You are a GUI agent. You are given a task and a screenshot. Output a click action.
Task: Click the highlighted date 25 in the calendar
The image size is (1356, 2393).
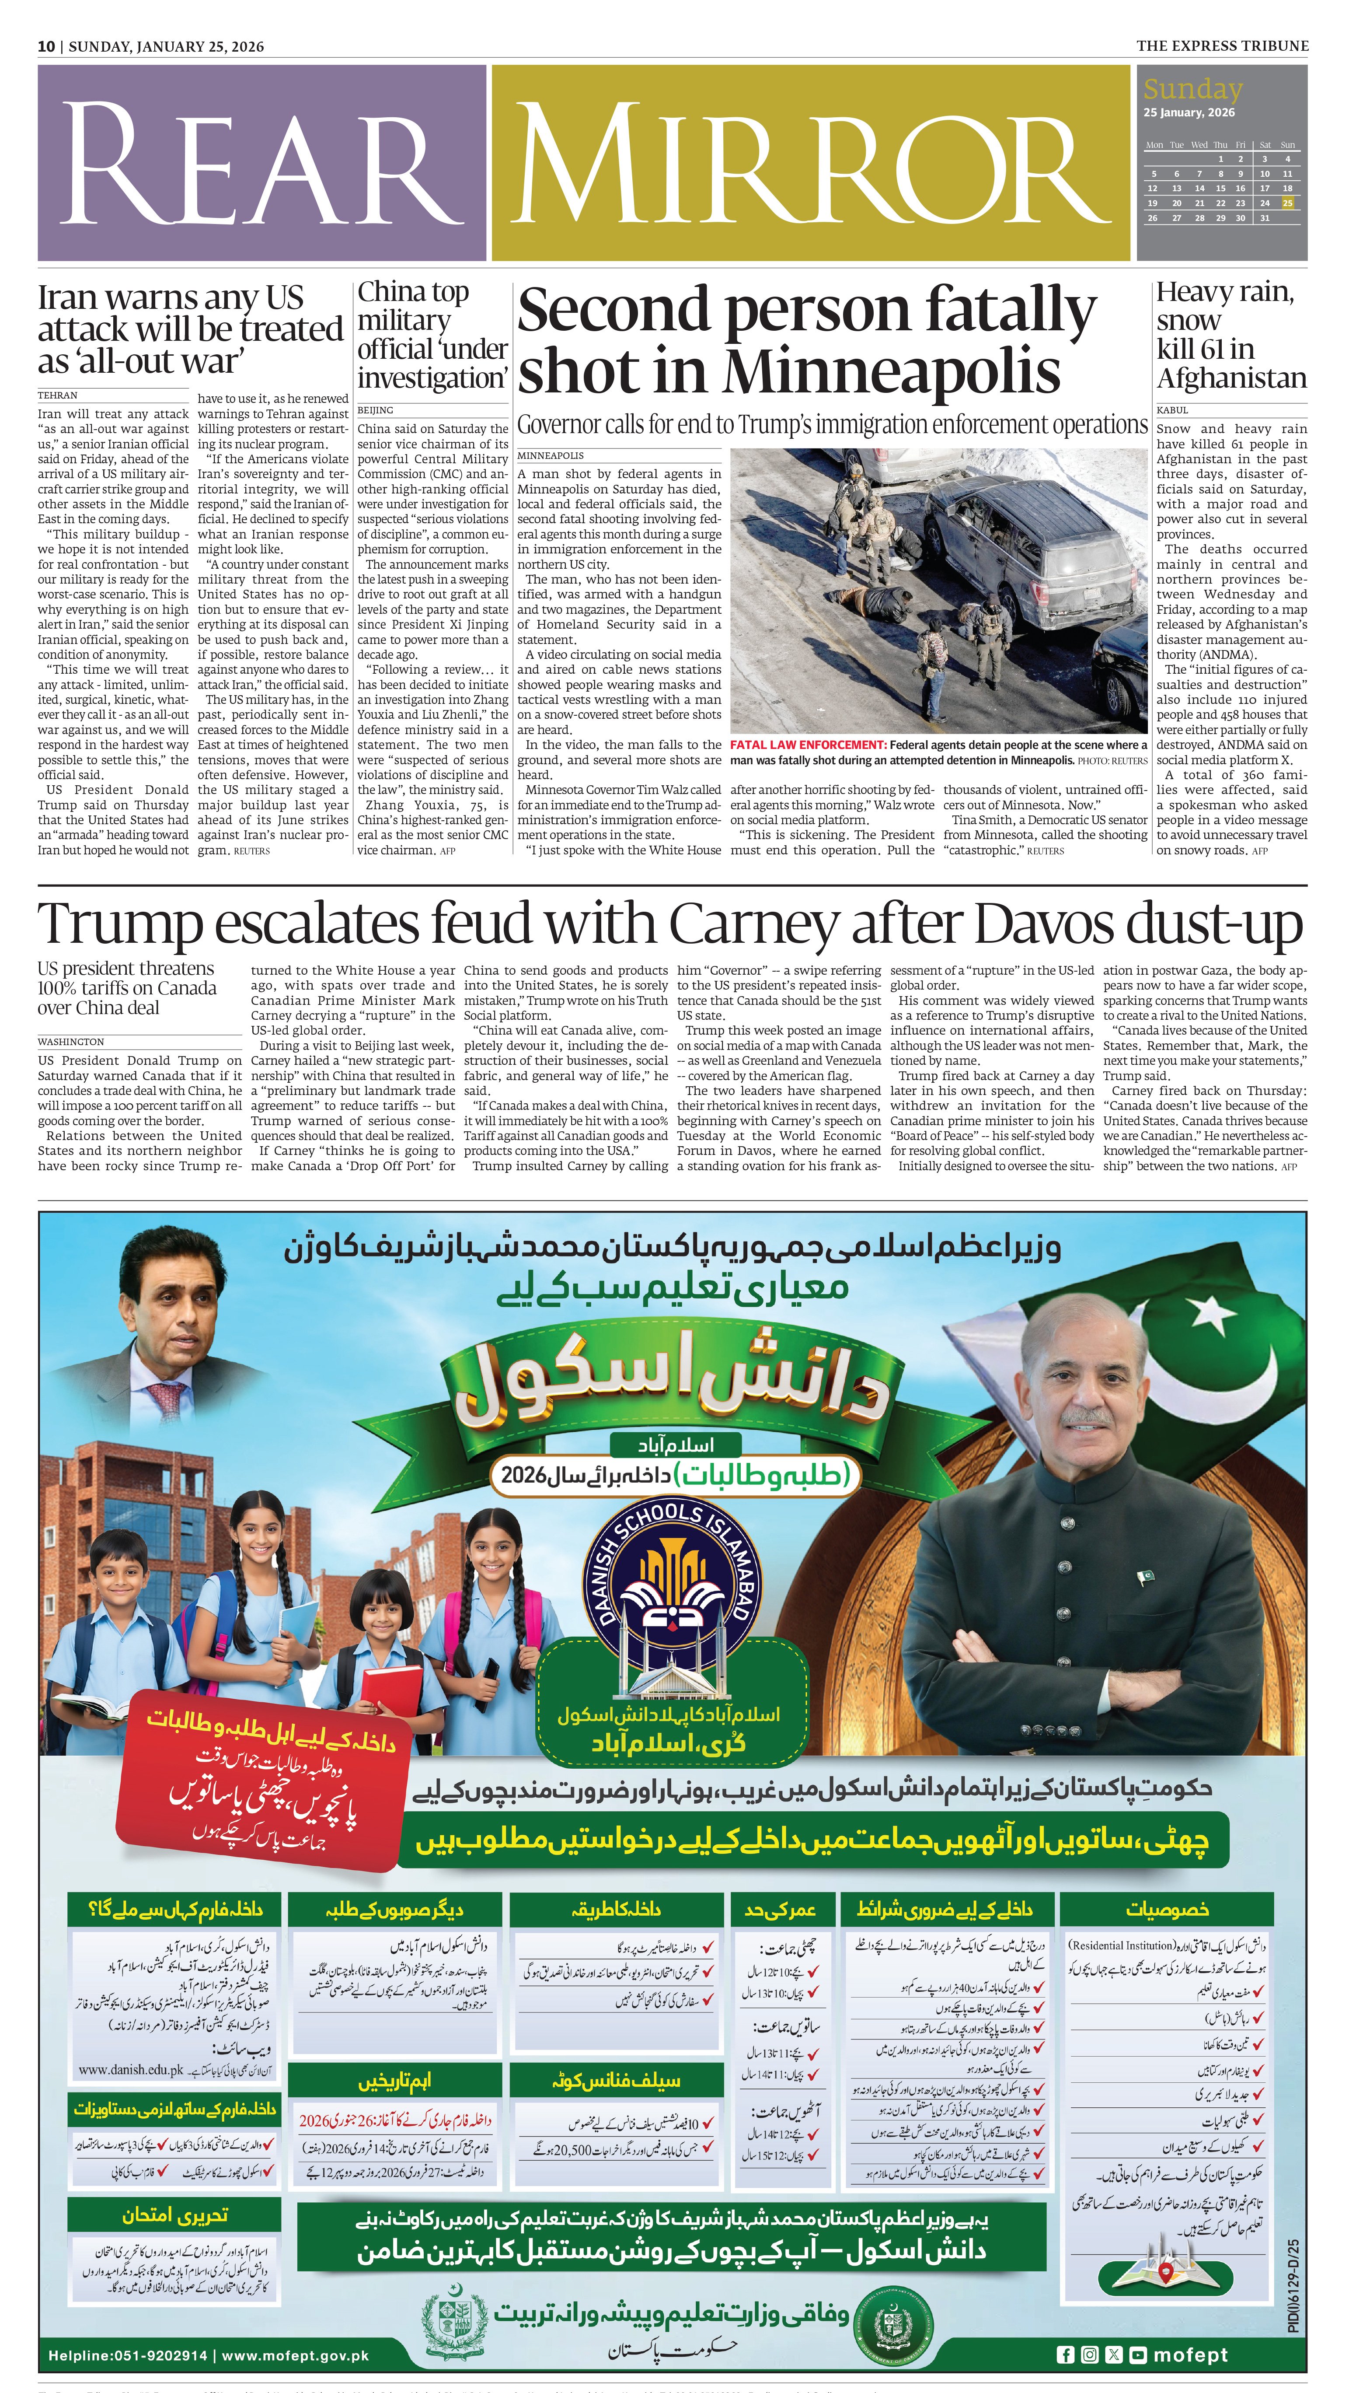[x=1287, y=203]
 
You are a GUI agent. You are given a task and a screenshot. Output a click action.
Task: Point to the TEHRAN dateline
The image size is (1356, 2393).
[x=58, y=395]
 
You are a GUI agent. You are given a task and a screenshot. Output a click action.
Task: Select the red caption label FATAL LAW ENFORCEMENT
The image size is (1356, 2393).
[x=808, y=745]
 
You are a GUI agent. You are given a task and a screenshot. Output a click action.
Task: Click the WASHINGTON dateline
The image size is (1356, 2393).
[x=71, y=1041]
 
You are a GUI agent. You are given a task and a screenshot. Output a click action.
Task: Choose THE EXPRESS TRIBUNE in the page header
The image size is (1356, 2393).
[x=1222, y=45]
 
